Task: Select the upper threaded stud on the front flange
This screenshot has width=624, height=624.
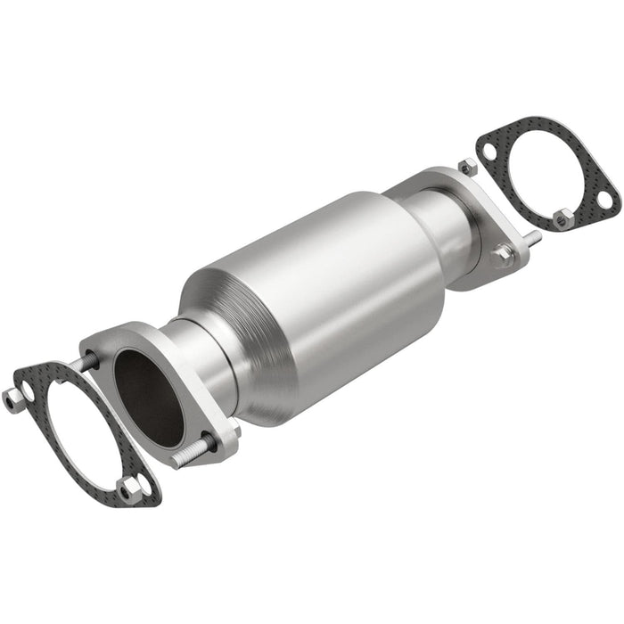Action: [x=90, y=361]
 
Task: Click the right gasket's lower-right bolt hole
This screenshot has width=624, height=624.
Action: [x=603, y=201]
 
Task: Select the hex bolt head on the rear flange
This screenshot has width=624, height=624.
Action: [x=502, y=257]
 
